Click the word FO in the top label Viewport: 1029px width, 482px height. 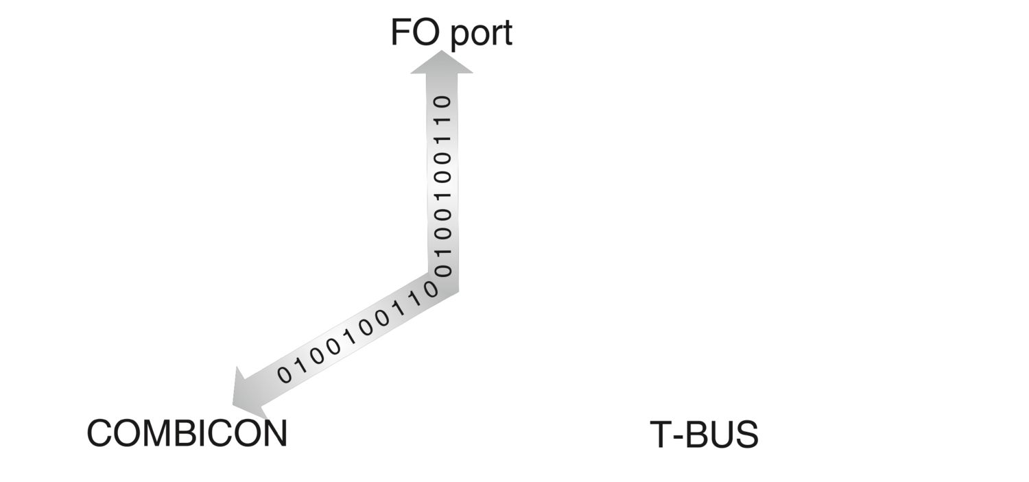pos(414,33)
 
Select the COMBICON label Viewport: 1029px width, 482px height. pos(187,434)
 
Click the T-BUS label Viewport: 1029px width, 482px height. pos(704,435)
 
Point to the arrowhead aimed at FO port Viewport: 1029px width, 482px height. pos(441,63)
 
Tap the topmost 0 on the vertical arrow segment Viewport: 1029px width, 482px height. pos(444,102)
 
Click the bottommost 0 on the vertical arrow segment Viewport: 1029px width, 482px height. pos(444,270)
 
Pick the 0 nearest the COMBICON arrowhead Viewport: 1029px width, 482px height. pos(284,374)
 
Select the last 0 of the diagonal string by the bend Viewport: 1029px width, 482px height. pos(431,289)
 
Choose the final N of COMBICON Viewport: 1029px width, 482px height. pos(274,434)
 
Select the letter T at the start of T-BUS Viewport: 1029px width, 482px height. pos(660,435)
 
